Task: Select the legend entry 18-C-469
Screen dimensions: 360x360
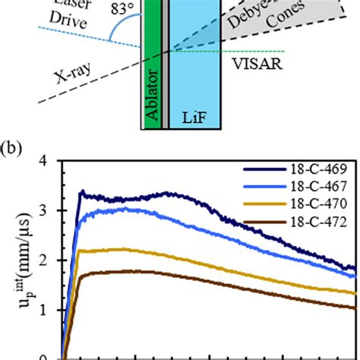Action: coord(312,172)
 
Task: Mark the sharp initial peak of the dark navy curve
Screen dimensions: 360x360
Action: coord(81,191)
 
